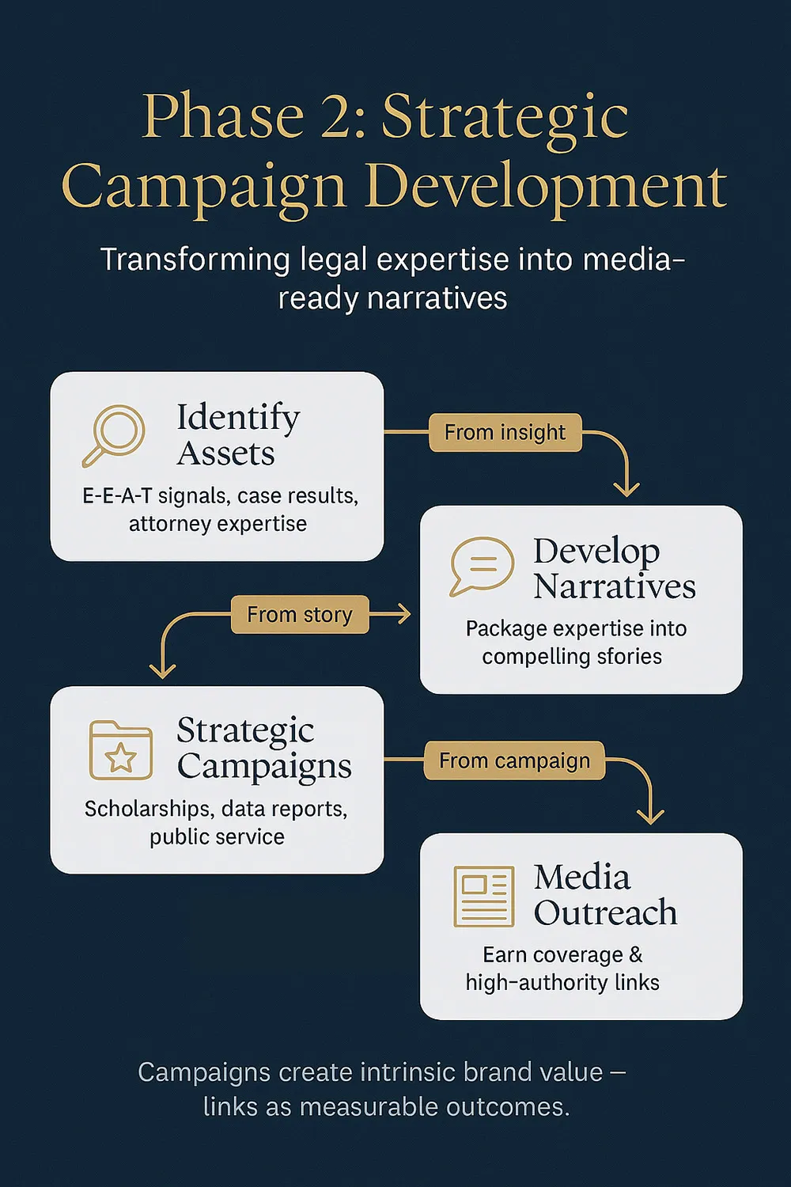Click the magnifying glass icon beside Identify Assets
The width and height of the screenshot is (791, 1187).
click(x=114, y=434)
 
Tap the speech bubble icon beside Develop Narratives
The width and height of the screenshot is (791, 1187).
click(x=482, y=565)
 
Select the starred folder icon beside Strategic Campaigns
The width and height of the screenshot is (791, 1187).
click(x=120, y=749)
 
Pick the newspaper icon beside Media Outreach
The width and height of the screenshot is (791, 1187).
click(x=483, y=896)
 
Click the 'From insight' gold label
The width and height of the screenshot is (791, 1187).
click(x=505, y=433)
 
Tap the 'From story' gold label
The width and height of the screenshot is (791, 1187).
click(x=299, y=615)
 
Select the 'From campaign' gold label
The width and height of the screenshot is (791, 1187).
click(x=514, y=761)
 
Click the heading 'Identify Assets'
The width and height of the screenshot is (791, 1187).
click(x=237, y=435)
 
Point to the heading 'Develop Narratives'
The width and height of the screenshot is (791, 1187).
click(x=614, y=568)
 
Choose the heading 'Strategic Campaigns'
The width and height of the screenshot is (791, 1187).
click(x=263, y=748)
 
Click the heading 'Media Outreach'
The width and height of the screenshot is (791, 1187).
click(x=605, y=895)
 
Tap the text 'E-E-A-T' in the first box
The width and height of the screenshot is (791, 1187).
click(x=116, y=496)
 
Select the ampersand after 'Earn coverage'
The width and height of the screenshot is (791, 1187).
click(x=636, y=955)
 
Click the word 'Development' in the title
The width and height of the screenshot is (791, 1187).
click(x=546, y=188)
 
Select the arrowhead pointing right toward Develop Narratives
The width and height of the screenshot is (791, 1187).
click(x=404, y=614)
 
